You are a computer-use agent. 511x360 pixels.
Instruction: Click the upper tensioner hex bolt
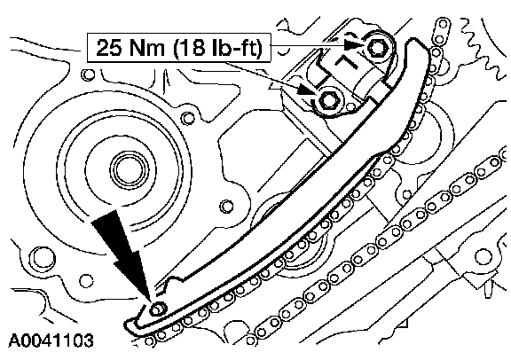tap(378, 48)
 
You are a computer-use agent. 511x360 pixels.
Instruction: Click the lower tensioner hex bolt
tap(328, 100)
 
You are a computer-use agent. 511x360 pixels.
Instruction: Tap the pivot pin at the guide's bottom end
tap(157, 309)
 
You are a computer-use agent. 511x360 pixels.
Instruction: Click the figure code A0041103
tap(51, 340)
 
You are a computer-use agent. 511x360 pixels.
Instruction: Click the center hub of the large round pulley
tap(128, 169)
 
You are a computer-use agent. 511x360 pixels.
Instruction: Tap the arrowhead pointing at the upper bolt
tap(353, 45)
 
